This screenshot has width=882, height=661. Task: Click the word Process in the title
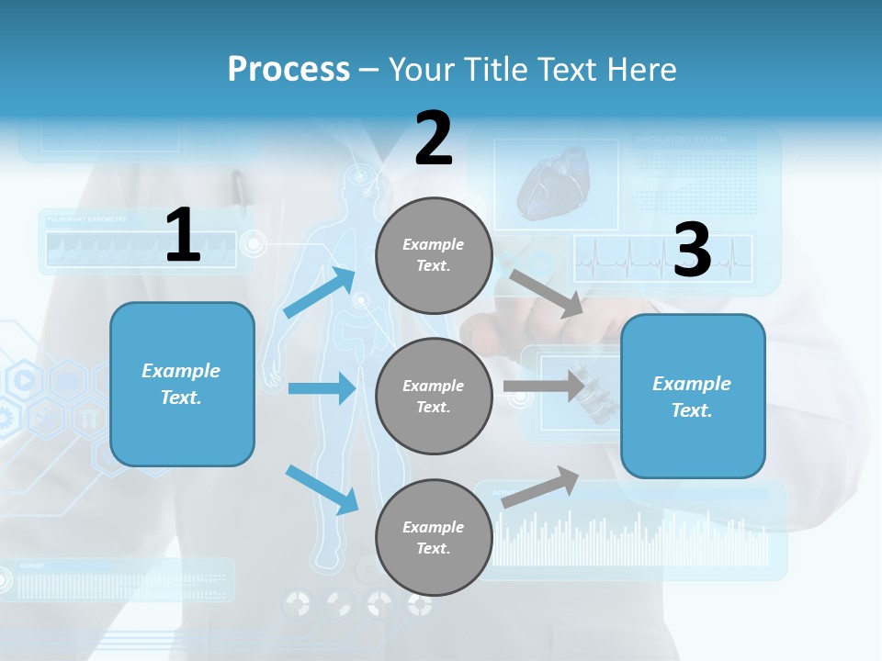pyautogui.click(x=288, y=70)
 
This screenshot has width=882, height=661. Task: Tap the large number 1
pyautogui.click(x=183, y=235)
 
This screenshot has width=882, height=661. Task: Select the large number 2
pyautogui.click(x=434, y=139)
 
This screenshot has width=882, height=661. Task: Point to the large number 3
pyautogui.click(x=692, y=250)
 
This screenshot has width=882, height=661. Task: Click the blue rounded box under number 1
pyautogui.click(x=182, y=384)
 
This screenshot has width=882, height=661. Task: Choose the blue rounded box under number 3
pyautogui.click(x=693, y=396)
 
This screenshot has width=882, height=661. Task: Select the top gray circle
pyautogui.click(x=434, y=255)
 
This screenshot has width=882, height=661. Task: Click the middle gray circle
pyautogui.click(x=434, y=396)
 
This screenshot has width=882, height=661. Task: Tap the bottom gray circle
pyautogui.click(x=434, y=537)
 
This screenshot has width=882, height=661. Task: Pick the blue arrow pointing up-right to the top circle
pyautogui.click(x=321, y=292)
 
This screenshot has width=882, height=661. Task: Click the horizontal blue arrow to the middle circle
pyautogui.click(x=322, y=388)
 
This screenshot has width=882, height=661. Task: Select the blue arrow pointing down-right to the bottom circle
pyautogui.click(x=322, y=488)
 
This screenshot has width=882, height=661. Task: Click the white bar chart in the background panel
pyautogui.click(x=634, y=542)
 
